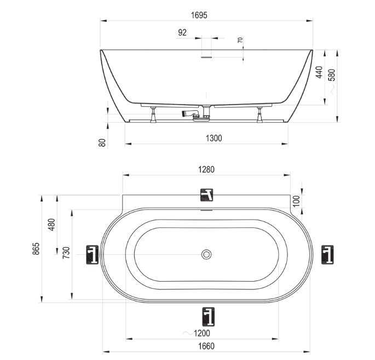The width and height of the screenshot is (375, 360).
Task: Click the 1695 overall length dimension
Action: pyautogui.click(x=199, y=15)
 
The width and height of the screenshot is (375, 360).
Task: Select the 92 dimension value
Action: pyautogui.click(x=182, y=32)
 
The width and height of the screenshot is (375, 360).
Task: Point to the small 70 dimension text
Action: pyautogui.click(x=240, y=40)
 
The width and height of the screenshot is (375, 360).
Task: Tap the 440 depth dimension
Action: pyautogui.click(x=319, y=72)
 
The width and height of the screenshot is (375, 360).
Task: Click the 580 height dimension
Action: pyautogui.click(x=332, y=75)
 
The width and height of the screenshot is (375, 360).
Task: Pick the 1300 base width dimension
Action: pyautogui.click(x=214, y=138)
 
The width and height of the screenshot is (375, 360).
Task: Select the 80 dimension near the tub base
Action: pyautogui.click(x=102, y=142)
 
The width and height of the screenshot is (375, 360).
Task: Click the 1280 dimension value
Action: pyautogui.click(x=206, y=169)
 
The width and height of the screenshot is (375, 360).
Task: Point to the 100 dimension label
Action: pyautogui.click(x=296, y=201)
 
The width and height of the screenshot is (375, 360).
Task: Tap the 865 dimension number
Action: pyautogui.click(x=36, y=248)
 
